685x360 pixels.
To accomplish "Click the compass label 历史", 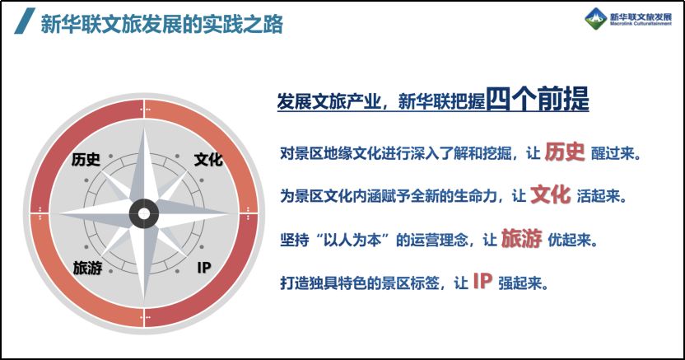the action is point(86,159).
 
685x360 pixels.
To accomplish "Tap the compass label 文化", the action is point(208,159).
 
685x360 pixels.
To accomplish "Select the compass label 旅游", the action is point(87,268).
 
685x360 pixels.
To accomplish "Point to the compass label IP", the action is point(204,268).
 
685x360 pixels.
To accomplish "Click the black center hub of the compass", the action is point(144,213).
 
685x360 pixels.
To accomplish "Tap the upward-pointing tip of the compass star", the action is point(144,128).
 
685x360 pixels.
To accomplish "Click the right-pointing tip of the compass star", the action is point(229,213).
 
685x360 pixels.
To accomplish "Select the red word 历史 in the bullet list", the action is point(565,152).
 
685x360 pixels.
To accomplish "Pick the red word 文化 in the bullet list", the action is point(551,195).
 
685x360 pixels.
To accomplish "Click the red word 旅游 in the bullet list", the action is point(521,238).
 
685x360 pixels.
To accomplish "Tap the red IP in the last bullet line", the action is point(482,282).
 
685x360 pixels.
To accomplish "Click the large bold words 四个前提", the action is point(538,99).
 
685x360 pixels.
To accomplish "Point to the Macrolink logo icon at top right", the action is point(596,19).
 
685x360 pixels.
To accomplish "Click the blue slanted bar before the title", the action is point(25,21).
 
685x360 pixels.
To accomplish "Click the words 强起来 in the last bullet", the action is point(520,283).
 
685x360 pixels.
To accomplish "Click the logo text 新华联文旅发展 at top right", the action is point(641,16).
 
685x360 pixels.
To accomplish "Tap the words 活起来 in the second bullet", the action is point(598,196).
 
